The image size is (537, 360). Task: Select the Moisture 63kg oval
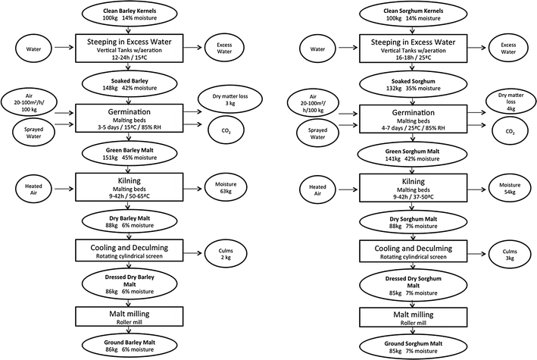pyautogui.click(x=226, y=187)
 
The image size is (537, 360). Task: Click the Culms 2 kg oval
pyautogui.click(x=226, y=254)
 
